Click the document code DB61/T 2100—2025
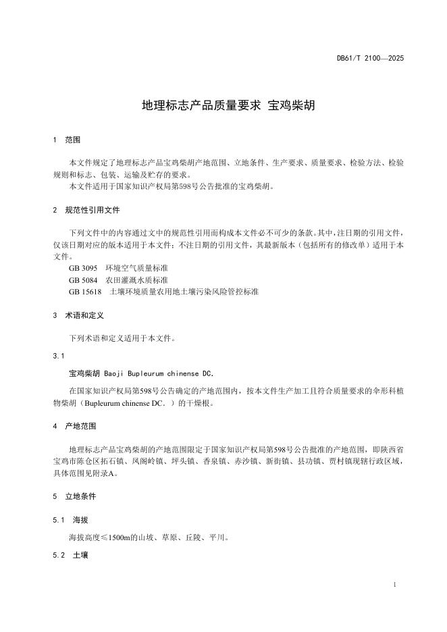coord(370,59)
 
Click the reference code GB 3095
coord(83,268)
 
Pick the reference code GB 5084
coord(83,280)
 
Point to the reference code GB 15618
coord(85,292)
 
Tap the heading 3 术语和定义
coord(78,315)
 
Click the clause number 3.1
coord(58,356)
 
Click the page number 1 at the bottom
coord(394,583)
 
